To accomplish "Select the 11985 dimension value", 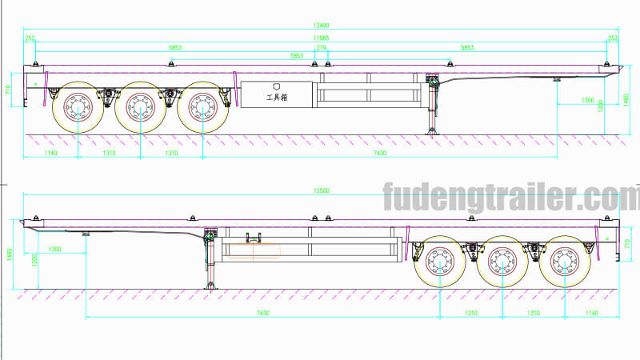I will pos(320,37).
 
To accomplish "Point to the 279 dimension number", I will pos(322,48).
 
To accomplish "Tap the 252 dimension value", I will pos(30,37).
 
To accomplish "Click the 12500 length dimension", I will pos(320,190).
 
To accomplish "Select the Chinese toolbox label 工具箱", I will pos(277,97).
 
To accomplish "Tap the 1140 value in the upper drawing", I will pos(50,153).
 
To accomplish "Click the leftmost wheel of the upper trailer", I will pos(78,106).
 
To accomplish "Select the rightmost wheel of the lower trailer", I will pos(562,261).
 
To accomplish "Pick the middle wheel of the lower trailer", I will pos(501,261).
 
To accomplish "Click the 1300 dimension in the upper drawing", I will pos(588,100).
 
